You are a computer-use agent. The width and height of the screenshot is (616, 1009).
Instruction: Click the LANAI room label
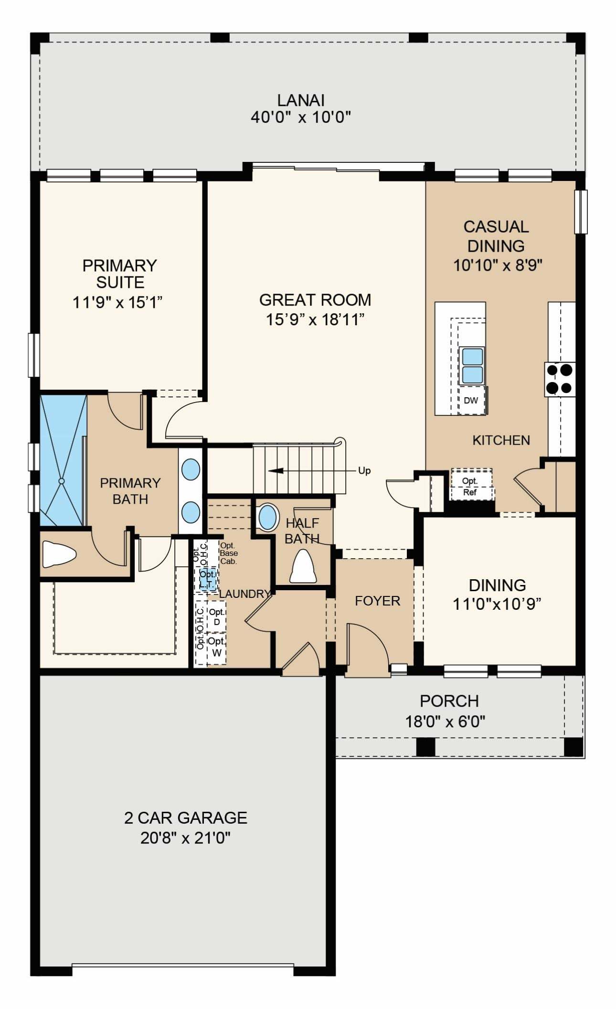[301, 100]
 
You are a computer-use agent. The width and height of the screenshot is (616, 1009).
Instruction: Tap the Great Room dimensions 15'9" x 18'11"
[315, 319]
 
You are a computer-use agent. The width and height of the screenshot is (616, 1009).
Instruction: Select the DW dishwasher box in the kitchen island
[471, 400]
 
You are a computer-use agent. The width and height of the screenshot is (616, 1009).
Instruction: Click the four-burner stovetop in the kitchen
[560, 379]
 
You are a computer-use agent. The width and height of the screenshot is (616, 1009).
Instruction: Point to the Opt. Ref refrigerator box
[471, 484]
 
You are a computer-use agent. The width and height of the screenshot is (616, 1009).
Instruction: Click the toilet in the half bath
[303, 566]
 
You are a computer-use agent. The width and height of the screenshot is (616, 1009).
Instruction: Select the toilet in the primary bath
[59, 554]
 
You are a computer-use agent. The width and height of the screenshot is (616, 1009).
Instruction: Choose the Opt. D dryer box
[216, 616]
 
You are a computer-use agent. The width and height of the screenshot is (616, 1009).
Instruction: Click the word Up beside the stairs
[364, 471]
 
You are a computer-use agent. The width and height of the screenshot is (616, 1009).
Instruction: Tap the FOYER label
[377, 601]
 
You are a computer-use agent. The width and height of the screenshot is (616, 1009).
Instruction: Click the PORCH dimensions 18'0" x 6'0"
[445, 721]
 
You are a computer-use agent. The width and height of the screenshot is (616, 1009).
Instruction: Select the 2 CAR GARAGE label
[186, 818]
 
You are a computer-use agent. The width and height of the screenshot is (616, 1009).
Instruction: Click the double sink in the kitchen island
[471, 366]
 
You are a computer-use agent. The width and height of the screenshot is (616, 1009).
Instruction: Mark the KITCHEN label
[501, 440]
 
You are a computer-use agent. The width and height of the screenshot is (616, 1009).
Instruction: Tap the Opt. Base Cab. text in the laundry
[229, 553]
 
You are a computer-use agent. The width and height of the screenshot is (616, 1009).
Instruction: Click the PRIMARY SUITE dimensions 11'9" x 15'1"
[117, 302]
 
